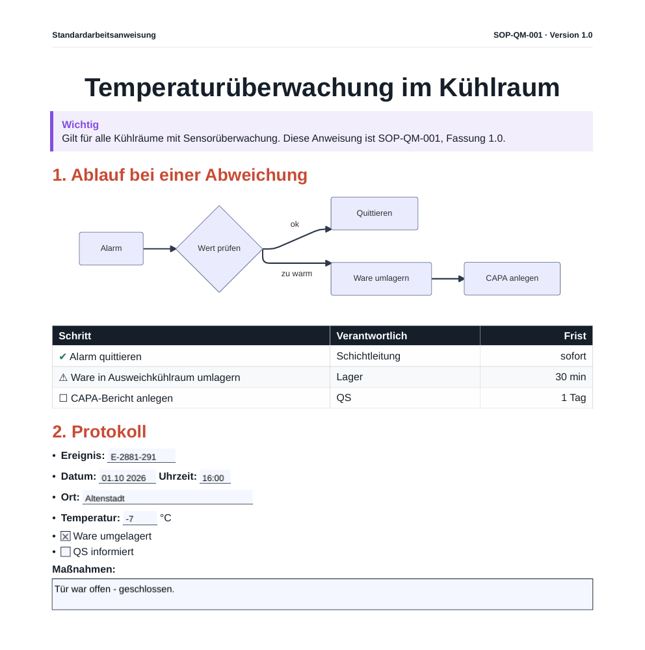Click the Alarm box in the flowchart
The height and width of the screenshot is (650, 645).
point(111,249)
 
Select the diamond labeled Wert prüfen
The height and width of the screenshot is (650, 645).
point(219,249)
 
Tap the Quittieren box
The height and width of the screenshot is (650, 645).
point(374,213)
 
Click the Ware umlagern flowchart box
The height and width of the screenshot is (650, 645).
point(381,279)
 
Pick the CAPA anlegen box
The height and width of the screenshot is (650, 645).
point(512,279)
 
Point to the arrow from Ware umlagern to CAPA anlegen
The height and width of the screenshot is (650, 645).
point(448,279)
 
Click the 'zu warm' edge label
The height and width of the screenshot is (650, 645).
point(296,274)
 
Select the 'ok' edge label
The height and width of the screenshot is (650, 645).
point(295,224)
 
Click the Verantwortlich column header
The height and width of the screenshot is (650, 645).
point(372,336)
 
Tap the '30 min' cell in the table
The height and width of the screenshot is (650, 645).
point(570,377)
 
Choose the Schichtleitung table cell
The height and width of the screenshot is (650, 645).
point(368,356)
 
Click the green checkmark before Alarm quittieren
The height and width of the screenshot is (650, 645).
point(62,356)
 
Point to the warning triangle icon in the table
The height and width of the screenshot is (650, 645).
point(63,377)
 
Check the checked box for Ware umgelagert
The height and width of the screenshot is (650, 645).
point(66,536)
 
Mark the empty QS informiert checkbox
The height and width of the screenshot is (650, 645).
point(66,552)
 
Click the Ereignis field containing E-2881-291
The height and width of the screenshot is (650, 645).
point(142,456)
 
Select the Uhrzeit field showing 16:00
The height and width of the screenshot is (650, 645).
point(215,476)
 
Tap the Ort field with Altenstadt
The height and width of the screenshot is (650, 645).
point(168,497)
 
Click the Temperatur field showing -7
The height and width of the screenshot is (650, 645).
point(140,518)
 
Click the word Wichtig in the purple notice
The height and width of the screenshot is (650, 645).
point(81,125)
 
